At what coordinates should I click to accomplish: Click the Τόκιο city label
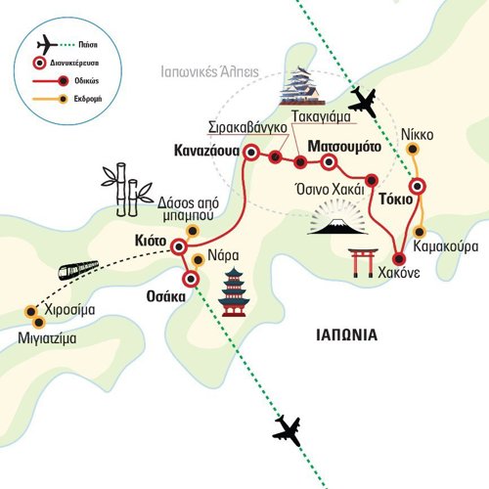(x=396, y=200)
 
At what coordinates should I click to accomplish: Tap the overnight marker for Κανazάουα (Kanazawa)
(x=251, y=153)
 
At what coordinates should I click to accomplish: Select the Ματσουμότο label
(x=344, y=147)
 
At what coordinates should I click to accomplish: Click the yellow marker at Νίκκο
(x=413, y=150)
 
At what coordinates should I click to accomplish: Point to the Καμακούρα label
(x=446, y=246)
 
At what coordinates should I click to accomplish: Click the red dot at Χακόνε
(x=399, y=259)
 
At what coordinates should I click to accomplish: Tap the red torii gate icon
(x=363, y=263)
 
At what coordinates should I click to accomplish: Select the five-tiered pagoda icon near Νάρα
(x=234, y=292)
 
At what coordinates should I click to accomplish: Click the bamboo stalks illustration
(x=126, y=190)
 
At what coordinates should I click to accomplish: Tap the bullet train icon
(x=78, y=270)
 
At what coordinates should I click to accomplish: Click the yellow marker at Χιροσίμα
(x=31, y=312)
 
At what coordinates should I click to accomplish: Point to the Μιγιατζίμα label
(x=47, y=338)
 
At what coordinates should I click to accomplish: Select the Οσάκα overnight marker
(x=191, y=279)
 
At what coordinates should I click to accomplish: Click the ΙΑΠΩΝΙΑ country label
(x=347, y=335)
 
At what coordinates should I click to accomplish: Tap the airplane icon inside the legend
(x=46, y=45)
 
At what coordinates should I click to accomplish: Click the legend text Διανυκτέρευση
(x=74, y=63)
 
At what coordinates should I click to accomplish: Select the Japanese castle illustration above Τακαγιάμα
(x=302, y=86)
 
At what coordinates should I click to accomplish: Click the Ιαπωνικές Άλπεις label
(x=209, y=72)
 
